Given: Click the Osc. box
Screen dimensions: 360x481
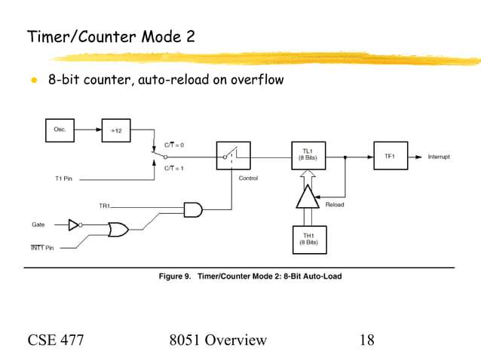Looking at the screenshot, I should tap(60, 130).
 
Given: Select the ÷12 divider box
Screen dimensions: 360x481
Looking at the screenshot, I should tap(115, 130).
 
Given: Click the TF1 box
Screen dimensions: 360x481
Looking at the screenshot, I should tap(389, 156).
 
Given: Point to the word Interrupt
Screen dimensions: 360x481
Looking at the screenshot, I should tap(439, 157).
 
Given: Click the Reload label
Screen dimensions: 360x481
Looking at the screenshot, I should tap(335, 204).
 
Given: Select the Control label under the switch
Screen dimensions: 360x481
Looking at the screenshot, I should tap(248, 178).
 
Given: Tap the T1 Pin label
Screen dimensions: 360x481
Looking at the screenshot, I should tap(66, 178).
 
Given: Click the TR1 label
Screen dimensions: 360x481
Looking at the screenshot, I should tap(105, 205).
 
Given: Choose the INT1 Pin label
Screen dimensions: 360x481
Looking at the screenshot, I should tap(42, 247).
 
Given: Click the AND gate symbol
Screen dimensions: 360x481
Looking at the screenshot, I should tap(193, 210).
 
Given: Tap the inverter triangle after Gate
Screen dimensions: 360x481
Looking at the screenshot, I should tap(74, 224).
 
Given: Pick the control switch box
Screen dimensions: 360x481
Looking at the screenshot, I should tap(233, 156).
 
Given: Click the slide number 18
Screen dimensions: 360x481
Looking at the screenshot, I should tap(366, 340).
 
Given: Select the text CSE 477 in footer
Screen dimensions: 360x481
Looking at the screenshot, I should tap(56, 340).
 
